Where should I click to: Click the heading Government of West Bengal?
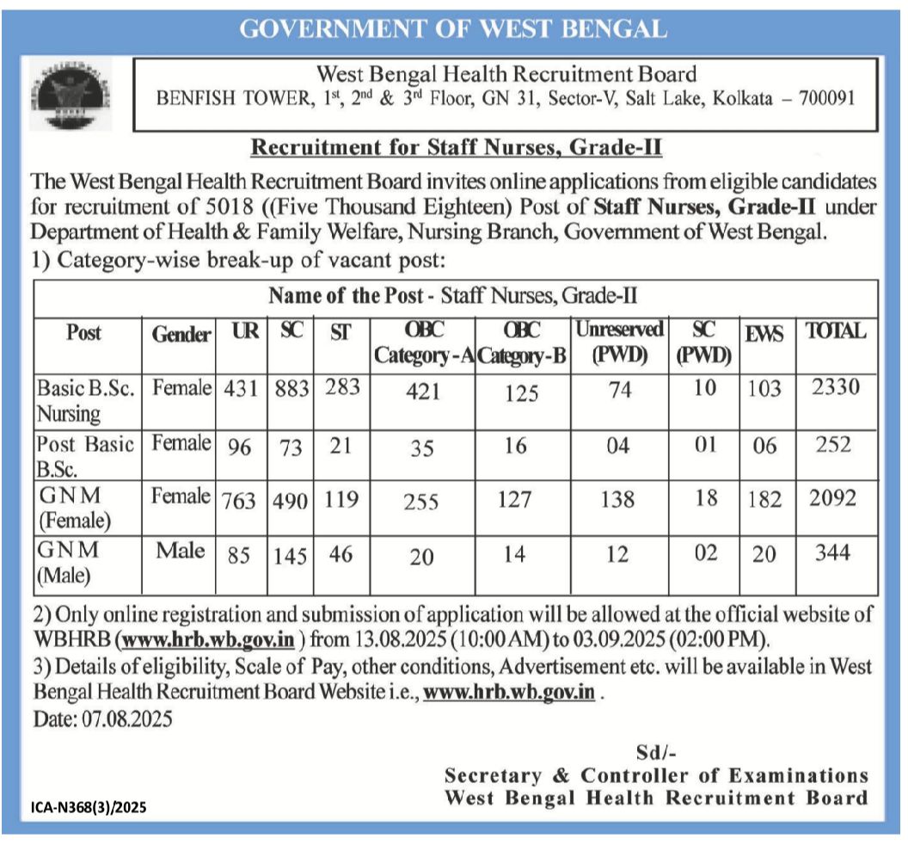[x=453, y=29]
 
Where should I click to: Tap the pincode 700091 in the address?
[x=826, y=98]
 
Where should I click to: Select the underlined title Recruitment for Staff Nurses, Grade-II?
[x=456, y=148]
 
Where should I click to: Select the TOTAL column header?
[x=835, y=331]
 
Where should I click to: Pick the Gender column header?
[x=181, y=335]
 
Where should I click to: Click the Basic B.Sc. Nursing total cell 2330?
[x=834, y=388]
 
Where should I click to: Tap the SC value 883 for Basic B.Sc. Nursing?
[x=291, y=389]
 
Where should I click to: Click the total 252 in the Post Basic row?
[x=834, y=445]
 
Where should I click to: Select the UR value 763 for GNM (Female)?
[x=242, y=501]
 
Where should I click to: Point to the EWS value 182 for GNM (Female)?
[x=764, y=500]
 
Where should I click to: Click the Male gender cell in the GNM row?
[x=181, y=551]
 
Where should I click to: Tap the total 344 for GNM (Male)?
[x=833, y=552]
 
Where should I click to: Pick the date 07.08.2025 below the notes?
[x=103, y=718]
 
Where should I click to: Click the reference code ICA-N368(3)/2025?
[x=89, y=807]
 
